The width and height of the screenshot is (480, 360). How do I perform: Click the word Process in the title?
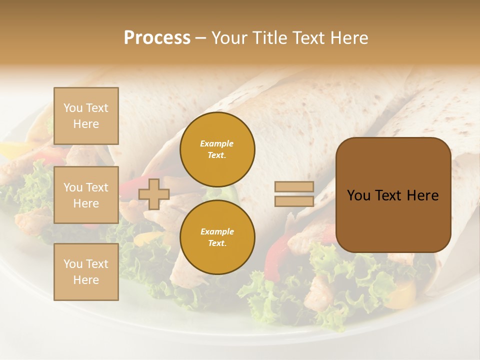point(157,38)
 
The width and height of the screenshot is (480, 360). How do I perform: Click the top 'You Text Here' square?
point(86,116)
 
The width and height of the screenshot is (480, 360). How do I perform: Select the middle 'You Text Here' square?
point(86,195)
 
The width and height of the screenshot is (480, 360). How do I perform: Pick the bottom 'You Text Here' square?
point(86,272)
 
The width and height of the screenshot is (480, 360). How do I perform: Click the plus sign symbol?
point(154,194)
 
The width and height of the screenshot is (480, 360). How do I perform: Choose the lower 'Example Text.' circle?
point(217,237)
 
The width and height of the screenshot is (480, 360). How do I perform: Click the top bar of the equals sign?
point(294,187)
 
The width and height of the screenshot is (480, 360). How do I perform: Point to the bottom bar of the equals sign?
point(294,201)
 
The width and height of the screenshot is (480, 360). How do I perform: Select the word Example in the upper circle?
point(217,143)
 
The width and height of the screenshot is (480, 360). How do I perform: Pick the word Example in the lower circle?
point(217,231)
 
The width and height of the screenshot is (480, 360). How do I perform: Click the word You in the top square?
point(73,108)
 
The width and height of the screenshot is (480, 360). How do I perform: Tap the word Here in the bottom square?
point(86,280)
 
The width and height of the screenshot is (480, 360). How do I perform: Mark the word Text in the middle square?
point(96,187)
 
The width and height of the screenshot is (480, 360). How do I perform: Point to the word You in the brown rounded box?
point(358,195)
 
